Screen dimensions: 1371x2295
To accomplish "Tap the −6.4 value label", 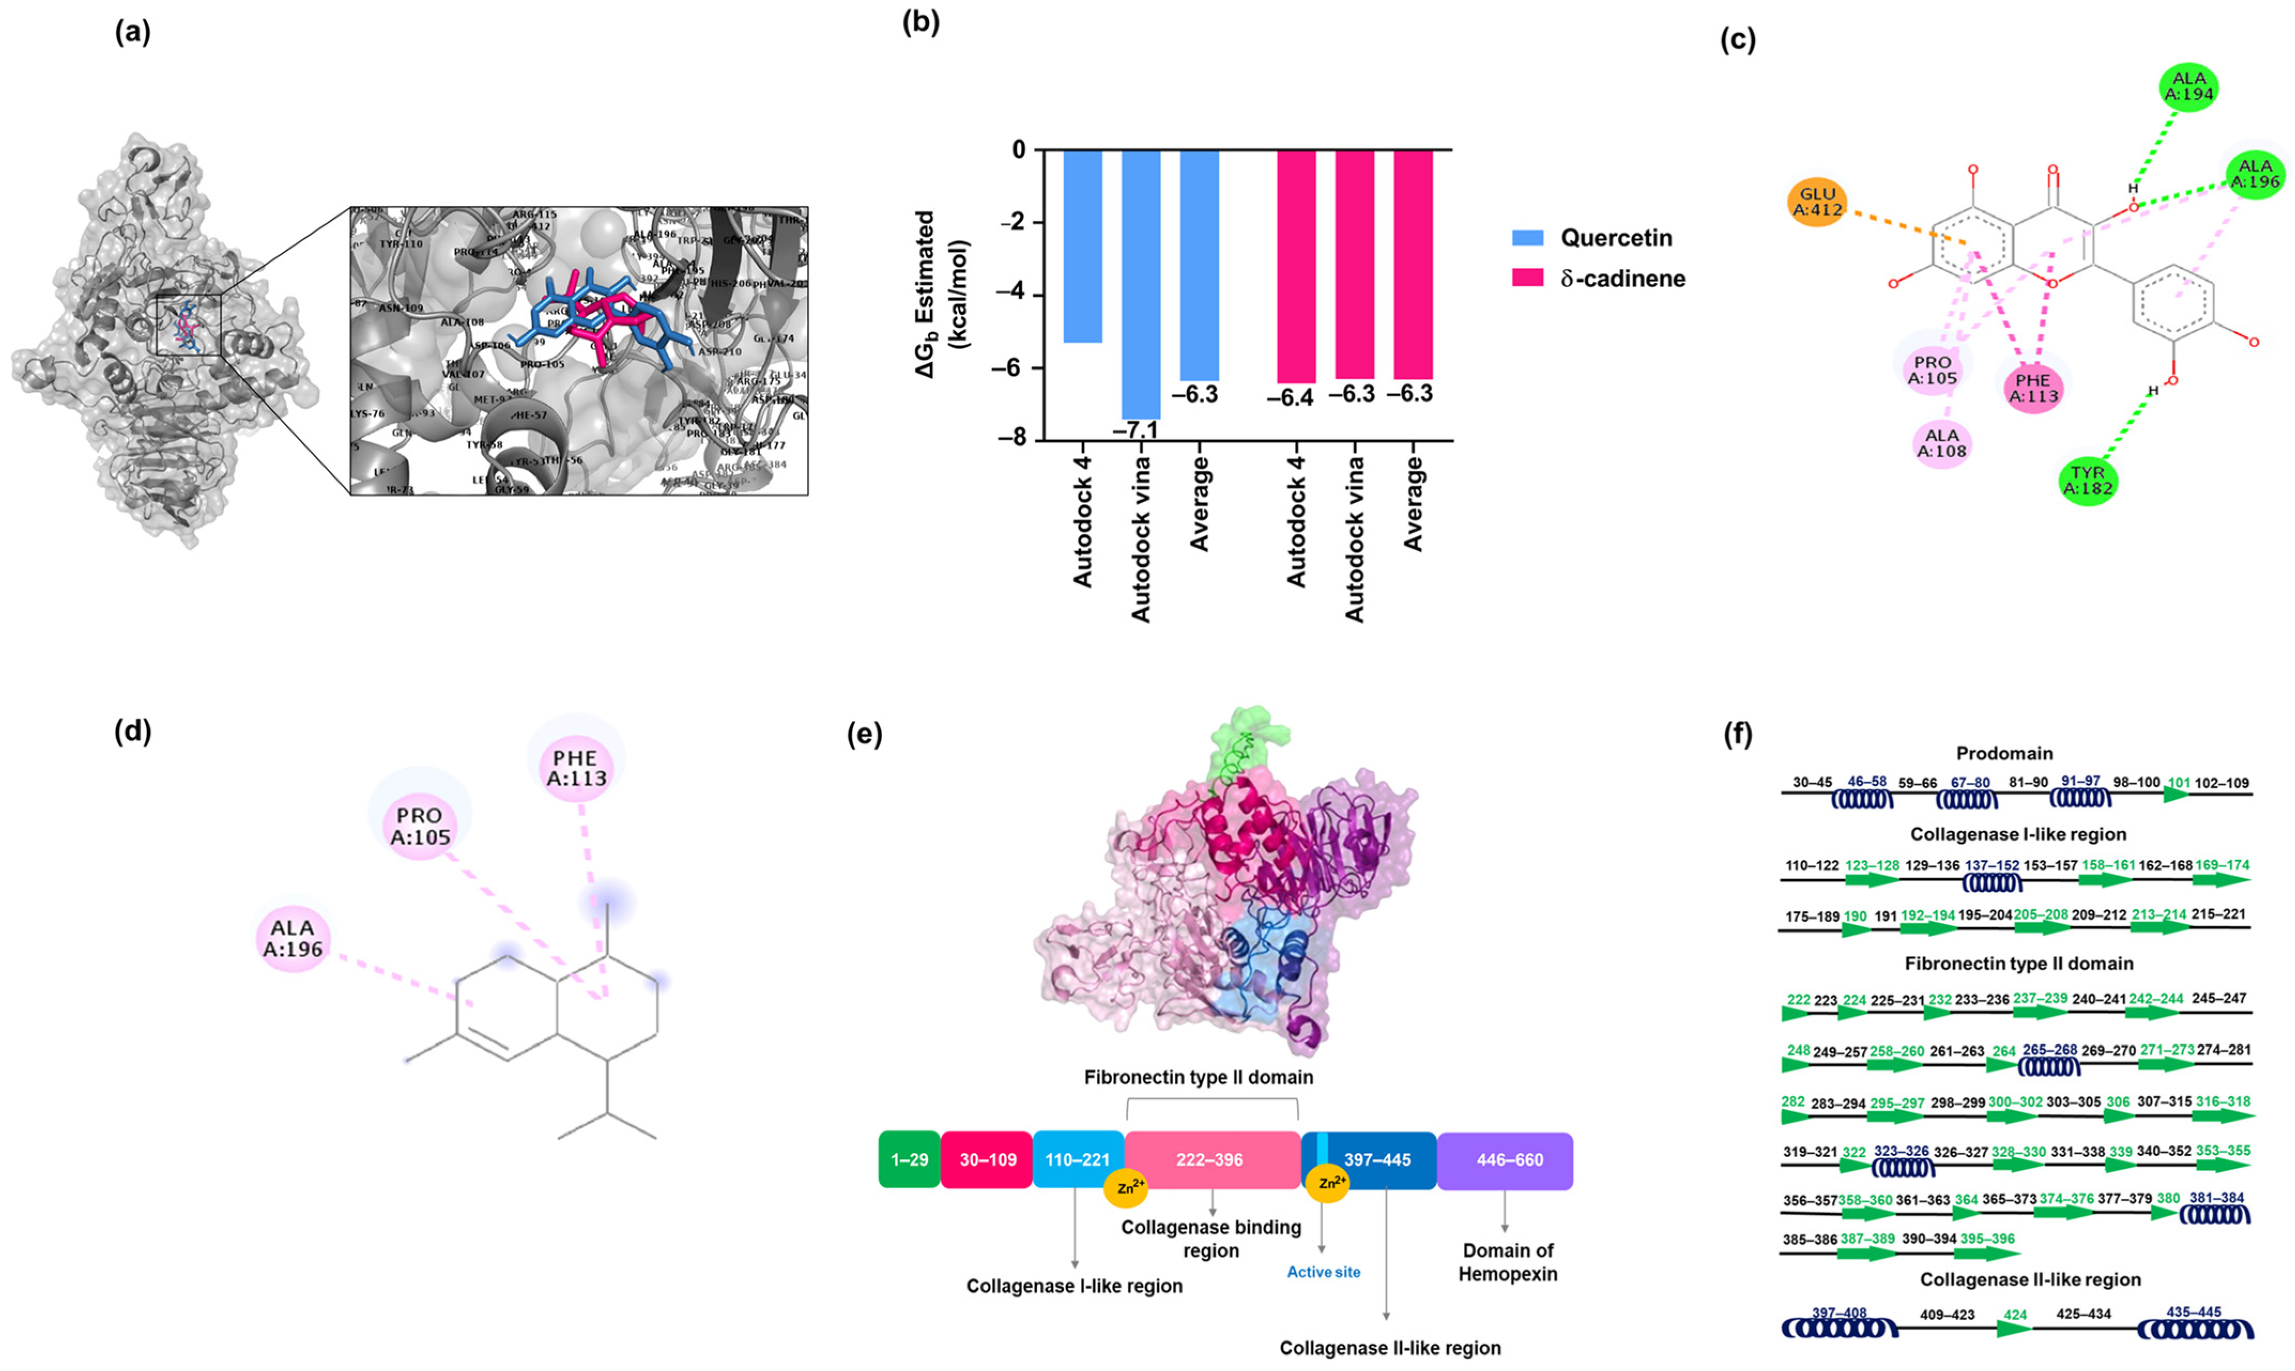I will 1291,398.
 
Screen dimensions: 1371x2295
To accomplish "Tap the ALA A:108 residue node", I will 1942,443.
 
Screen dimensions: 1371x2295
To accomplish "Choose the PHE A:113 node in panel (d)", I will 577,768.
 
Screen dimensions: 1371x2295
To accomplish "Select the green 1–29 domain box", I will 909,1159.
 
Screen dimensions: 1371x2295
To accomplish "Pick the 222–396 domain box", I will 1210,1159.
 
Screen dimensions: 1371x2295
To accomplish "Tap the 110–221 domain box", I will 1077,1159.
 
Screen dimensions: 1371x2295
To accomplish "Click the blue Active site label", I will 1323,1272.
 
